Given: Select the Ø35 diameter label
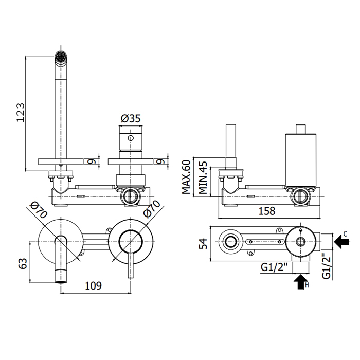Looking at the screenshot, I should [x=131, y=118].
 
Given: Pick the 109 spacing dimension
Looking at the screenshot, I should [x=93, y=285].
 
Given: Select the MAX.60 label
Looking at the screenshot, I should [x=186, y=176].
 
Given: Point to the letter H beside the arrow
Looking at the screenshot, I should [x=307, y=285].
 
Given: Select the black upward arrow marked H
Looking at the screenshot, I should [x=299, y=281].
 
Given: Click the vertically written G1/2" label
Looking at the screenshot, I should [x=326, y=265].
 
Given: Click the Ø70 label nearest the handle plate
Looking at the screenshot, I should [x=151, y=210].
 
